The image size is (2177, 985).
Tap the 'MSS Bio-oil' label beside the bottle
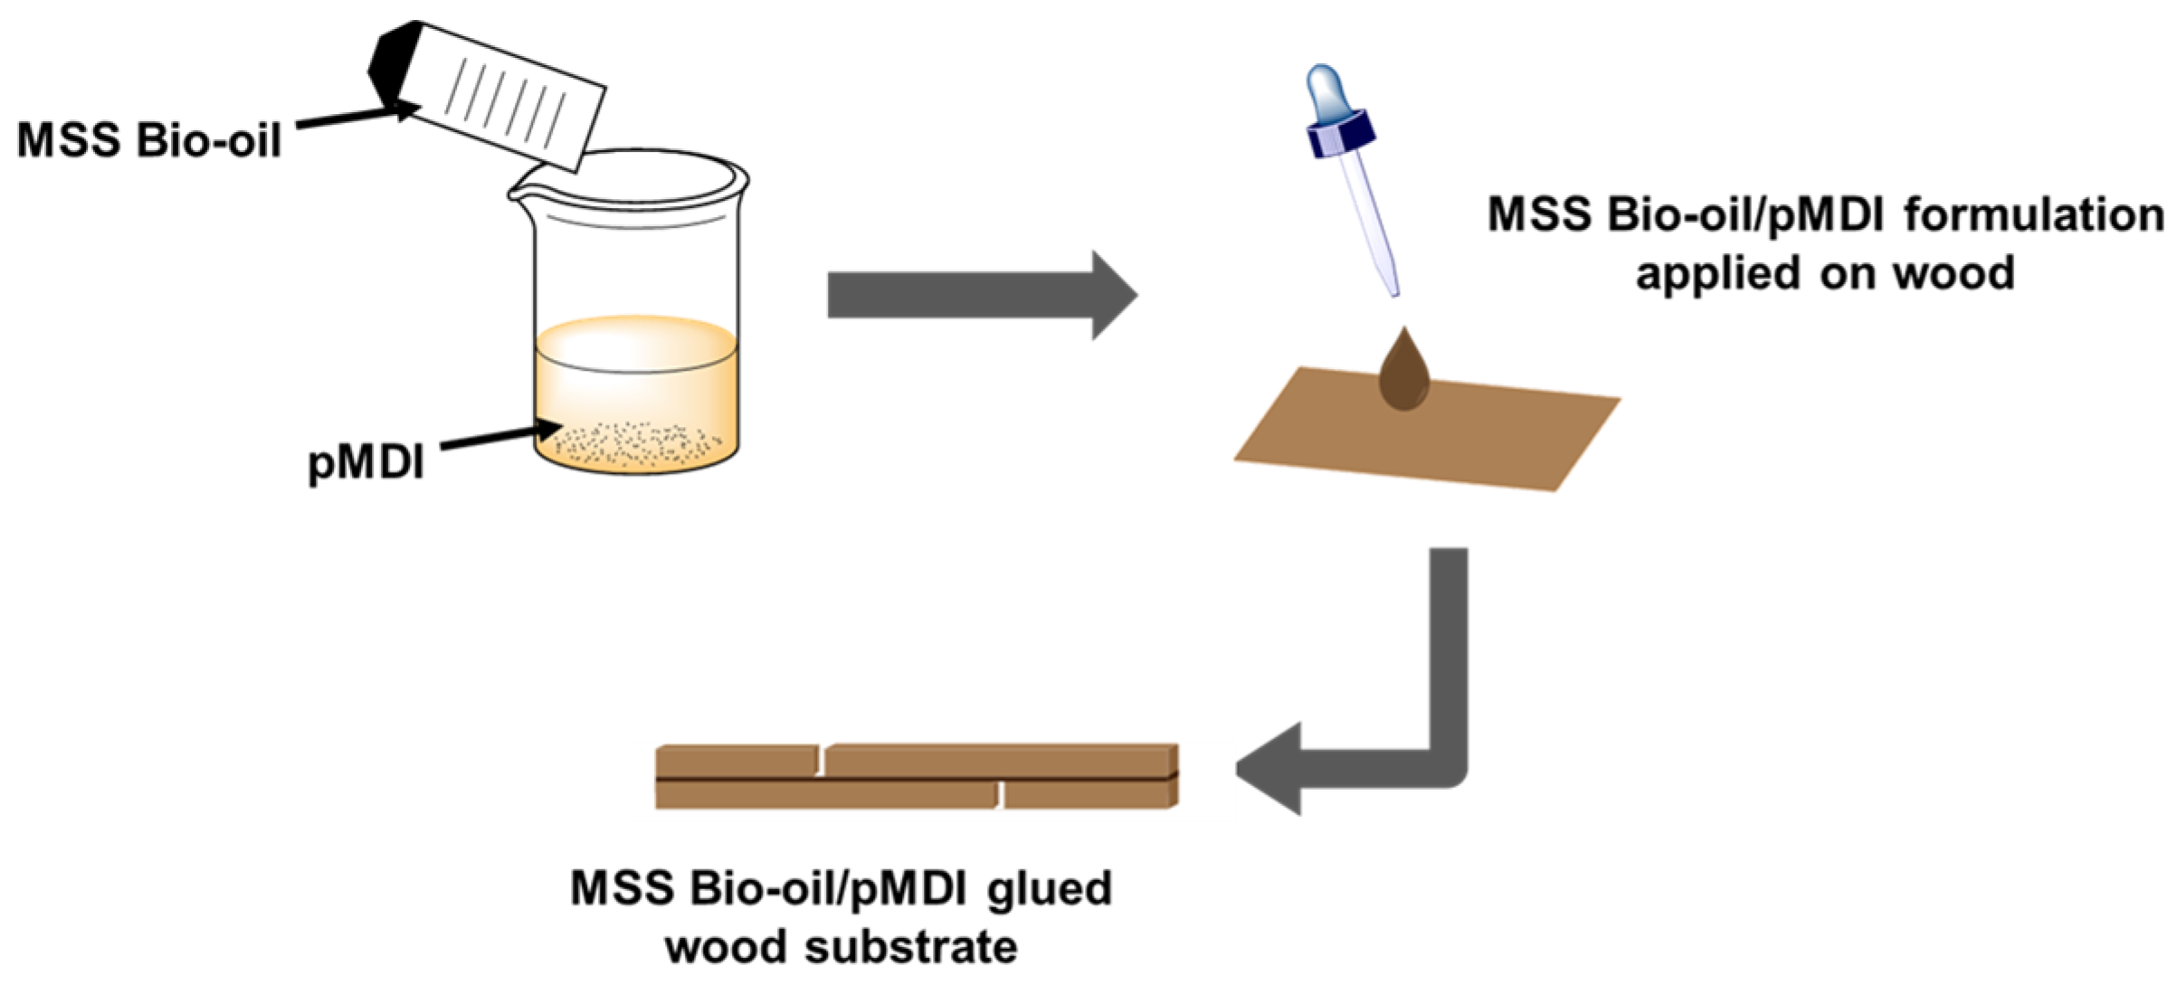click(149, 141)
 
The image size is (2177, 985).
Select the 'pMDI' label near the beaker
click(366, 462)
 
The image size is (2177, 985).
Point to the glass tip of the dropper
click(1384, 262)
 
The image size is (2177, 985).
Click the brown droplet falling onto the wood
click(1403, 374)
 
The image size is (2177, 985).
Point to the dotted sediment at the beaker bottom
click(633, 443)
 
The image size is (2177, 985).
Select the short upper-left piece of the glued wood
click(737, 760)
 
